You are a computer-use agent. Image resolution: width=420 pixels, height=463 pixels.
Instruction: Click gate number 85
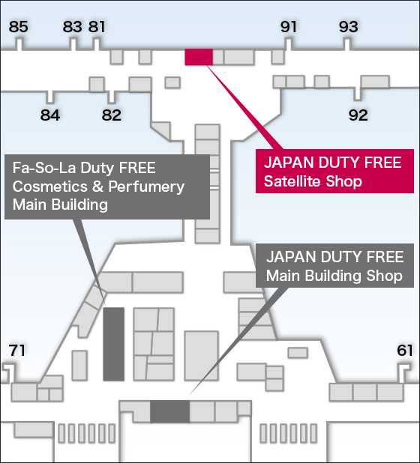pyautogui.click(x=18, y=26)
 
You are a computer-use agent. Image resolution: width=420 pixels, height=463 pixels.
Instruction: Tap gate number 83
pyautogui.click(x=72, y=26)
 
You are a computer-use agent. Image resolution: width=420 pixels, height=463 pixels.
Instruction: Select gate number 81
pyautogui.click(x=97, y=26)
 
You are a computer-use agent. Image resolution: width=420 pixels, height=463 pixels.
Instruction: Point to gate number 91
pyautogui.click(x=288, y=26)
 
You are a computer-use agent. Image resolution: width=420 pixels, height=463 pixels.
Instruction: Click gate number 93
pyautogui.click(x=349, y=26)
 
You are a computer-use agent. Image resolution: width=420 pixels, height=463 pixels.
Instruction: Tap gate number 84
pyautogui.click(x=50, y=115)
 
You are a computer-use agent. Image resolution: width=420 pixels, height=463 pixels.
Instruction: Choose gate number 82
pyautogui.click(x=112, y=115)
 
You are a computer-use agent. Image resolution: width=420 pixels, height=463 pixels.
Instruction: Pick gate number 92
pyautogui.click(x=358, y=115)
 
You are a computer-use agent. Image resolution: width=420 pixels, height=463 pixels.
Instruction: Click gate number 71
pyautogui.click(x=16, y=351)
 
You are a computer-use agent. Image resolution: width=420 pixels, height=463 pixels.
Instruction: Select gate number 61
pyautogui.click(x=405, y=351)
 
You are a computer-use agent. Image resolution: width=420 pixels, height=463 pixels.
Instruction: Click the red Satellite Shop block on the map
pyautogui.click(x=199, y=57)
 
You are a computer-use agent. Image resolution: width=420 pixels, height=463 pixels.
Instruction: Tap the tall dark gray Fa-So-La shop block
pyautogui.click(x=113, y=344)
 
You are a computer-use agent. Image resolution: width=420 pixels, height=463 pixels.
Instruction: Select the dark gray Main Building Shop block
pyautogui.click(x=170, y=411)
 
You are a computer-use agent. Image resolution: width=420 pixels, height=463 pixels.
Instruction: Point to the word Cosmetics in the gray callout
pyautogui.click(x=50, y=187)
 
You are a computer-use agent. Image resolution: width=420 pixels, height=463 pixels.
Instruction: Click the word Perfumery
pyautogui.click(x=146, y=187)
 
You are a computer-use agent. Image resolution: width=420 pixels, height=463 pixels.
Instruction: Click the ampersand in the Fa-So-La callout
pyautogui.click(x=98, y=187)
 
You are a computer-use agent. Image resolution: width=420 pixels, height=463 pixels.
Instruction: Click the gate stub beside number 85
pyautogui.click(x=19, y=44)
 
